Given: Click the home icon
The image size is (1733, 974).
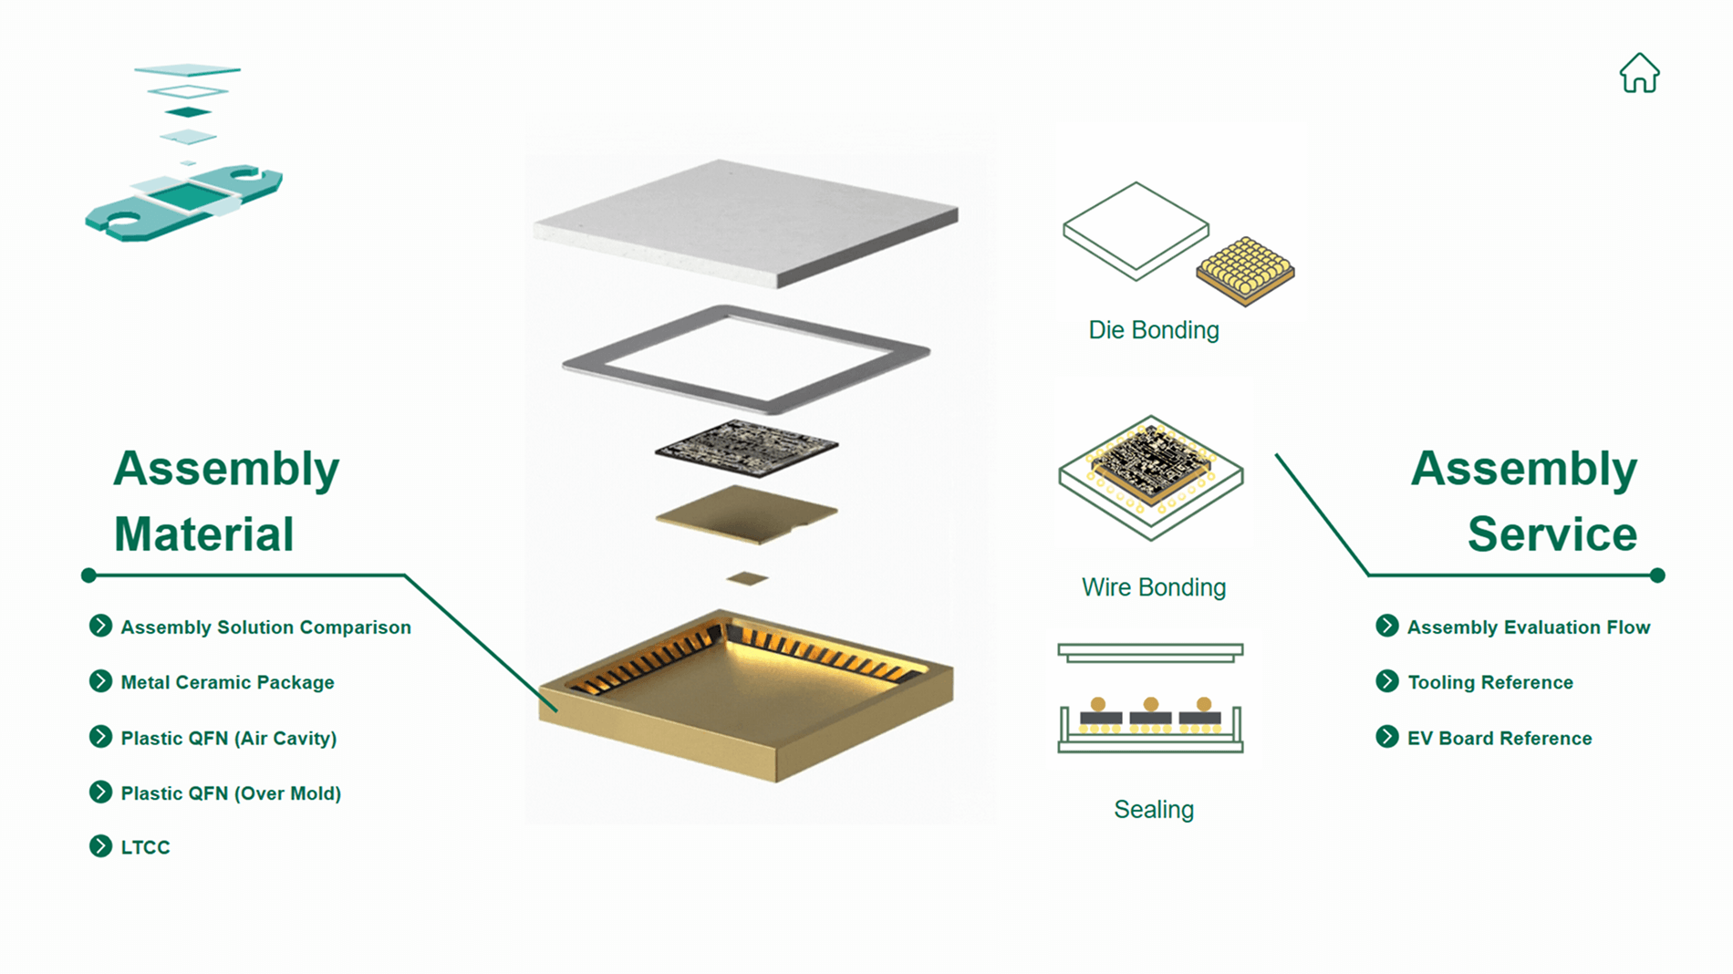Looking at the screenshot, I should (x=1639, y=73).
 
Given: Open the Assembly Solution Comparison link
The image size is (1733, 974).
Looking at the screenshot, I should (x=265, y=627).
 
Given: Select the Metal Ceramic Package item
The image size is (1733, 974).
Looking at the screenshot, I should (x=227, y=682).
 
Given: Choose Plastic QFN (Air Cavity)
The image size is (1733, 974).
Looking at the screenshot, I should (x=228, y=738).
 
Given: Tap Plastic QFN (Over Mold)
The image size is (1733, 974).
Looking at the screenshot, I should (x=231, y=793).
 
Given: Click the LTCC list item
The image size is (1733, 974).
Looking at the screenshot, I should (x=145, y=847).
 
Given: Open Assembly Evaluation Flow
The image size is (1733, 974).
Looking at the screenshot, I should (x=1528, y=627).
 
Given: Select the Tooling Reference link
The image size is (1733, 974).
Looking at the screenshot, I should (x=1489, y=682).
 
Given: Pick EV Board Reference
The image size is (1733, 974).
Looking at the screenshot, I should (x=1499, y=738).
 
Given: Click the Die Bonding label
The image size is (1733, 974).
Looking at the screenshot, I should (x=1153, y=330).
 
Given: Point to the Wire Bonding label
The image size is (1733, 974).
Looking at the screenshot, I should (x=1153, y=587).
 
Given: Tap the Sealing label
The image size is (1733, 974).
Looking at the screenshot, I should (x=1153, y=810).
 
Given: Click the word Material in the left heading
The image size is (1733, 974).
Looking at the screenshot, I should (x=203, y=534).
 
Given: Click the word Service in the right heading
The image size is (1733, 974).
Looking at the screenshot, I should (x=1551, y=534).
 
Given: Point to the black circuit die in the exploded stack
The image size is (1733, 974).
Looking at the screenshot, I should (x=746, y=447).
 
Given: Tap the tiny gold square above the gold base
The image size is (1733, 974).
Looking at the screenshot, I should (x=747, y=578).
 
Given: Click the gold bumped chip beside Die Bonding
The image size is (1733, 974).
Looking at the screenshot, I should (x=1245, y=270).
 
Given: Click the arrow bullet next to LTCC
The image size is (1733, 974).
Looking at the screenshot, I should (x=100, y=846).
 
